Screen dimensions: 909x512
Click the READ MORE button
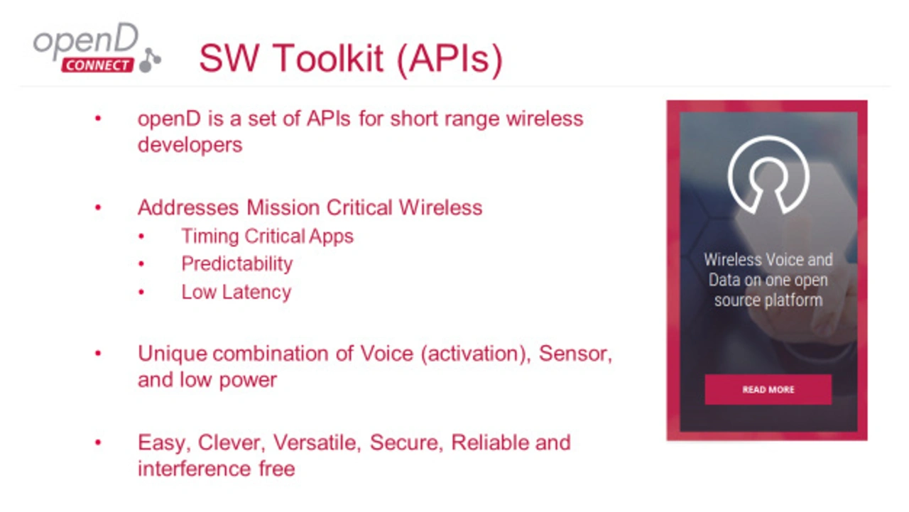pos(768,389)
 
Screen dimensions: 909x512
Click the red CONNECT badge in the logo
pos(97,65)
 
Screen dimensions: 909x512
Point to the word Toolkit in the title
pos(328,58)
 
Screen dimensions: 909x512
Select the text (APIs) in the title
pos(450,60)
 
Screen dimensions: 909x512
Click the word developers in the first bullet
pos(190,145)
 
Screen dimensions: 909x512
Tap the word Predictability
pos(237,264)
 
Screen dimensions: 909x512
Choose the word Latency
pos(256,292)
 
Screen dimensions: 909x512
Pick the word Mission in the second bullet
pos(283,207)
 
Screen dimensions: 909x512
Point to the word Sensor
pos(575,354)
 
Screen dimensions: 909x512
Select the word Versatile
pos(317,442)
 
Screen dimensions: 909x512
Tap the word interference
pos(195,469)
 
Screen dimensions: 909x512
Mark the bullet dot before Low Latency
pos(141,292)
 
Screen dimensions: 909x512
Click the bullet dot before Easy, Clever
pos(98,442)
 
